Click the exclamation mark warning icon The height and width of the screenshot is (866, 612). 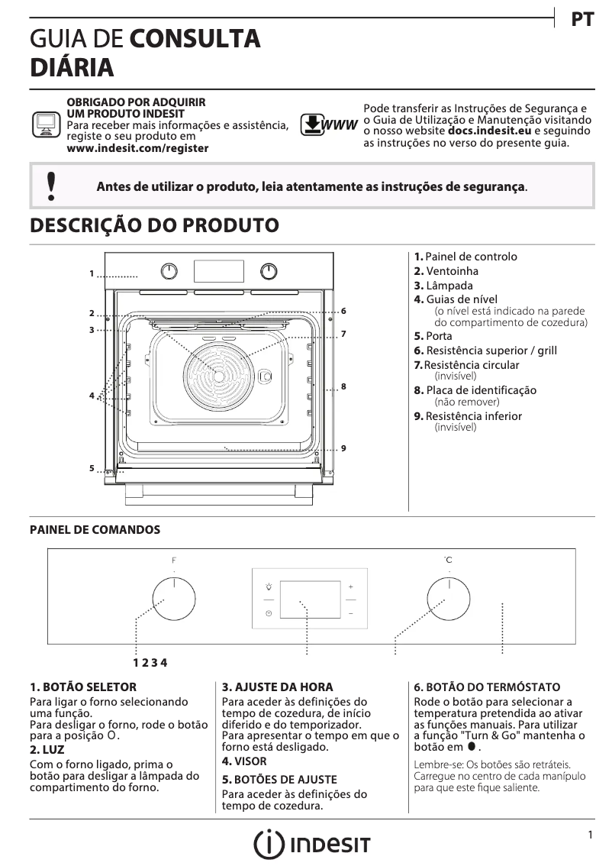(x=51, y=186)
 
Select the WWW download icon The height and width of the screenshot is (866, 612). (x=329, y=124)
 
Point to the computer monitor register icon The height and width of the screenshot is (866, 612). (x=46, y=124)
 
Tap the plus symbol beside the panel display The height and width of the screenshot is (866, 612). (x=351, y=586)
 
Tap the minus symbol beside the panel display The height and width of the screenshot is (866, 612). (x=351, y=613)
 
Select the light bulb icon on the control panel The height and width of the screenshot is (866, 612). (x=269, y=586)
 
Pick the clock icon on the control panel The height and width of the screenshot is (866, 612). (x=269, y=613)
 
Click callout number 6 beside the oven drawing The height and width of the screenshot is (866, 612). (x=344, y=311)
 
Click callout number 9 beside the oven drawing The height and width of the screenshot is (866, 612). (x=344, y=448)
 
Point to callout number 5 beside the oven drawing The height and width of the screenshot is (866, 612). (x=91, y=468)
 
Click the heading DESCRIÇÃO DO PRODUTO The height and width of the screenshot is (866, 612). (x=153, y=226)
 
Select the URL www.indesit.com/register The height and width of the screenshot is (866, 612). (x=137, y=148)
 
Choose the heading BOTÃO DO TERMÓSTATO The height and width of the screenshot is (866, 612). (x=487, y=687)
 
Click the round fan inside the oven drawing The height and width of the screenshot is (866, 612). (x=219, y=376)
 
